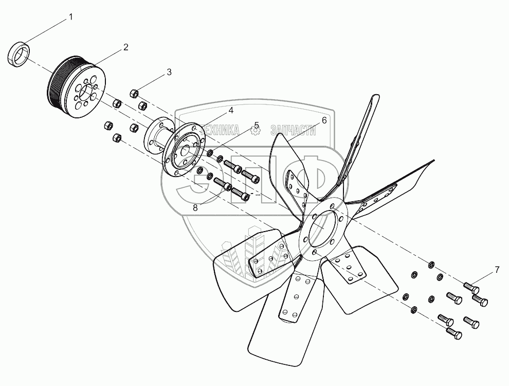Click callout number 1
71,17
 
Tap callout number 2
125,47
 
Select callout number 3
169,72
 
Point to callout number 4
231,111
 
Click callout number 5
257,125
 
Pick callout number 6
324,120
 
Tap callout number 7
497,269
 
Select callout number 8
195,207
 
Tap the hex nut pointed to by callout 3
134,94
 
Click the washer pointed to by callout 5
210,152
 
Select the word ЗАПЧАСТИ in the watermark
293,131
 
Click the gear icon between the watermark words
256,131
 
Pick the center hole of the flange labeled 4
186,150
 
